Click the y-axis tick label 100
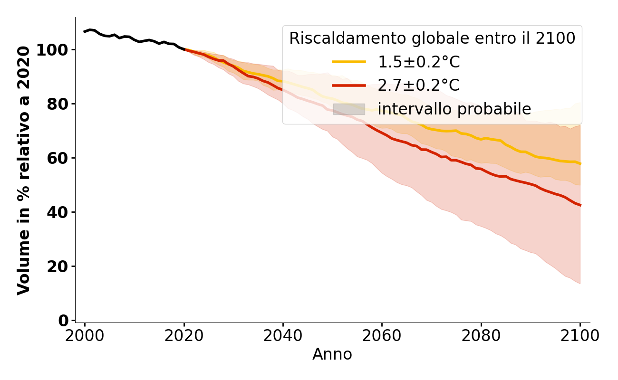tap(53, 50)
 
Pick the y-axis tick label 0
tap(64, 321)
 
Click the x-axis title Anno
tap(332, 354)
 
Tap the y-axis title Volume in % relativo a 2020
tap(24, 170)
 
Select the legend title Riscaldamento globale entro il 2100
tap(432, 38)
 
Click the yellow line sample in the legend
tap(349, 62)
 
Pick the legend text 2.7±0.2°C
tap(419, 85)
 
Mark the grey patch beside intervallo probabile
tap(349, 109)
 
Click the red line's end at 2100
tap(580, 205)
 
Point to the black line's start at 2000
tap(85, 32)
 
